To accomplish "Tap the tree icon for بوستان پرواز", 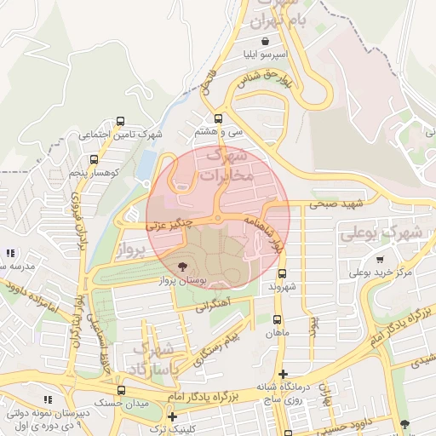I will click(183, 267).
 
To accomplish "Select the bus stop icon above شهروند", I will click(283, 274).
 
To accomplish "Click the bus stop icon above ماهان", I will click(276, 319).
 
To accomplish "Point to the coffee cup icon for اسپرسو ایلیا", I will click(267, 41).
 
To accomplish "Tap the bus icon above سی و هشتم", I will click(219, 118).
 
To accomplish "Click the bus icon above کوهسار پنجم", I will click(93, 159).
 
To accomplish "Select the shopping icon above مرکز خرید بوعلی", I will click(379, 260).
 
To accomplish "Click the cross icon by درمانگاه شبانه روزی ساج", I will click(284, 373).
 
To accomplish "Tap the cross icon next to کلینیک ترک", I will click(173, 417).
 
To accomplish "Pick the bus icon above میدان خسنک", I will click(121, 390).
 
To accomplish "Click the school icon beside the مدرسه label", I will click(9, 253).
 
